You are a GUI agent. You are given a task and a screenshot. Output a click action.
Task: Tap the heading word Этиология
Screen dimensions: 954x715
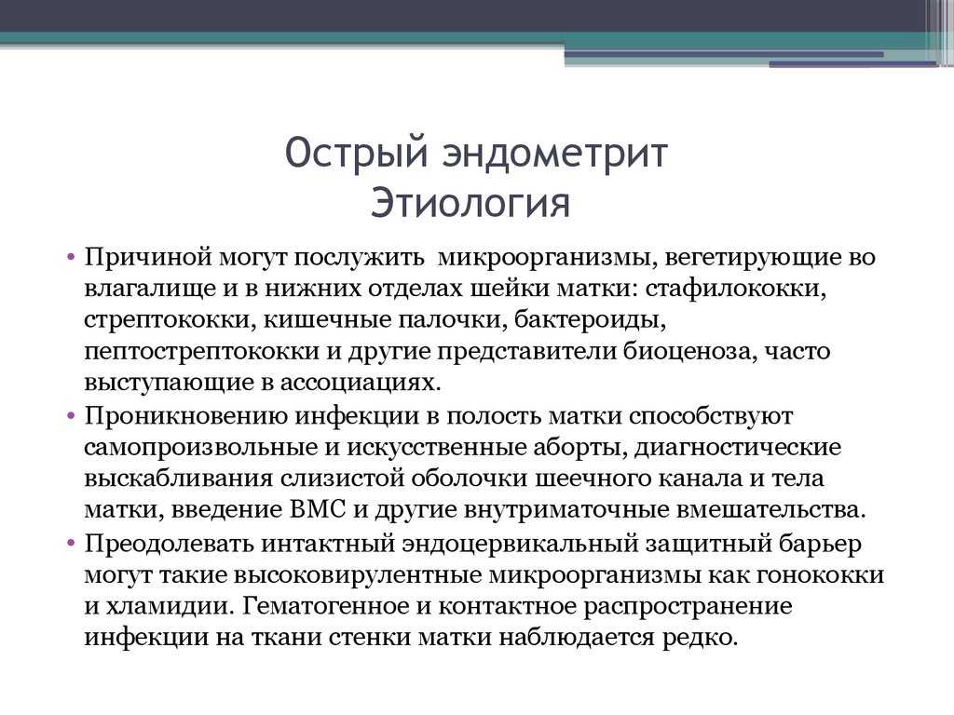pyautogui.click(x=470, y=202)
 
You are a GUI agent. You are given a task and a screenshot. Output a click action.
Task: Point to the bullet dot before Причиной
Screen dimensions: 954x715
pyautogui.click(x=71, y=257)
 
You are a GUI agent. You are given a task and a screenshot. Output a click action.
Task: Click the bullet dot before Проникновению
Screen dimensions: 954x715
pyautogui.click(x=71, y=416)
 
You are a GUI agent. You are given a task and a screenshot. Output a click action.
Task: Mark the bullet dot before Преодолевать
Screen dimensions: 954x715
pyautogui.click(x=71, y=543)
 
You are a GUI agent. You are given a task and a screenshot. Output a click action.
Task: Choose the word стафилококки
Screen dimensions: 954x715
pyautogui.click(x=736, y=289)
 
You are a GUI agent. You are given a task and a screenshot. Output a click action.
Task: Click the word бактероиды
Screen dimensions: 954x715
pyautogui.click(x=590, y=319)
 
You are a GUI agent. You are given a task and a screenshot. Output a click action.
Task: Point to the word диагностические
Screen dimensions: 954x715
pyautogui.click(x=738, y=448)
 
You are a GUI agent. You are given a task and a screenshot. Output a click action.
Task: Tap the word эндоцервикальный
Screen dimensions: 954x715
pyautogui.click(x=520, y=543)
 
